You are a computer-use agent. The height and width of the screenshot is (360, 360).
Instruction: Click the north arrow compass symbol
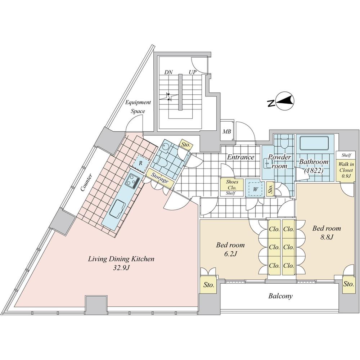click(x=281, y=101)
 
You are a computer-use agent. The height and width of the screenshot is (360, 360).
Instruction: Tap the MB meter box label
click(x=226, y=132)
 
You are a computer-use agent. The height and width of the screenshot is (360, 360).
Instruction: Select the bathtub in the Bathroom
click(x=314, y=143)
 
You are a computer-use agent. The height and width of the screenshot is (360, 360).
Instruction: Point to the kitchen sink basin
click(x=117, y=208)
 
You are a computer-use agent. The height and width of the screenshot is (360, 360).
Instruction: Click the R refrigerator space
click(x=141, y=164)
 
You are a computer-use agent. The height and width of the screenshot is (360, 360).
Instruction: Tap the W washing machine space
click(x=255, y=189)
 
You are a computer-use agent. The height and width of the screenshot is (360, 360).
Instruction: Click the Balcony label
click(x=280, y=296)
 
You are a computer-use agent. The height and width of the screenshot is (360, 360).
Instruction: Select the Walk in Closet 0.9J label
click(x=346, y=170)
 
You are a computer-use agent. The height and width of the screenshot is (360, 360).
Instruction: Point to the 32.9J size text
click(x=122, y=268)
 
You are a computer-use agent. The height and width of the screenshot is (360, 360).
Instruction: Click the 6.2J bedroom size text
click(x=230, y=254)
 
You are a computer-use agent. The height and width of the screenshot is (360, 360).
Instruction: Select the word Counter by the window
click(x=86, y=182)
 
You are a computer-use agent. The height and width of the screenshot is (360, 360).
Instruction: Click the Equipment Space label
click(x=138, y=107)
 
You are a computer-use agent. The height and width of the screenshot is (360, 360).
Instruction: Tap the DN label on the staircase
click(x=169, y=72)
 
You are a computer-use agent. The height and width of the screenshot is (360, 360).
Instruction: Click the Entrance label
click(x=240, y=157)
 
